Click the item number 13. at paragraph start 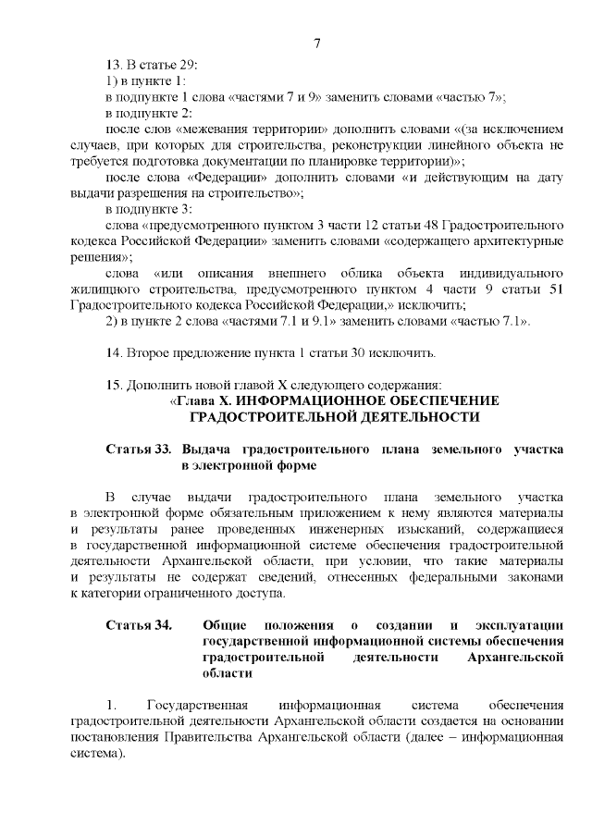coord(115,66)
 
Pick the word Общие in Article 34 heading coord(222,626)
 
